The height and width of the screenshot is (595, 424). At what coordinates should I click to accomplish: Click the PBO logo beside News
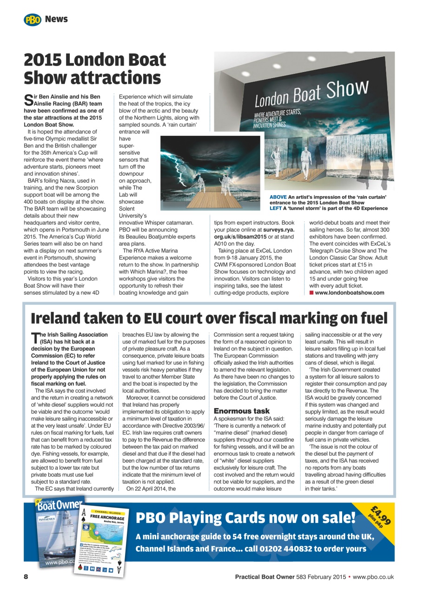point(32,20)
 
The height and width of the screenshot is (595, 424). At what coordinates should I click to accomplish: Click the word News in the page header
point(56,19)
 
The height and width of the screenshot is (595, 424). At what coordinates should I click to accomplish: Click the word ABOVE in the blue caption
point(278,197)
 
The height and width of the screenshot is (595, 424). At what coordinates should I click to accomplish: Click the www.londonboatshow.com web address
point(350,292)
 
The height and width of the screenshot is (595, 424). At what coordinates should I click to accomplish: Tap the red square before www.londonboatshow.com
point(311,292)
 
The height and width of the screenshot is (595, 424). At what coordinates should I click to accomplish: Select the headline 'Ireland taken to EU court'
point(209,318)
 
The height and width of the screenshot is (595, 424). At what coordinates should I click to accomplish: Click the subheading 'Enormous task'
point(241,411)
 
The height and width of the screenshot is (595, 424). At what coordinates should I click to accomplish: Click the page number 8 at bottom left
point(26,577)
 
